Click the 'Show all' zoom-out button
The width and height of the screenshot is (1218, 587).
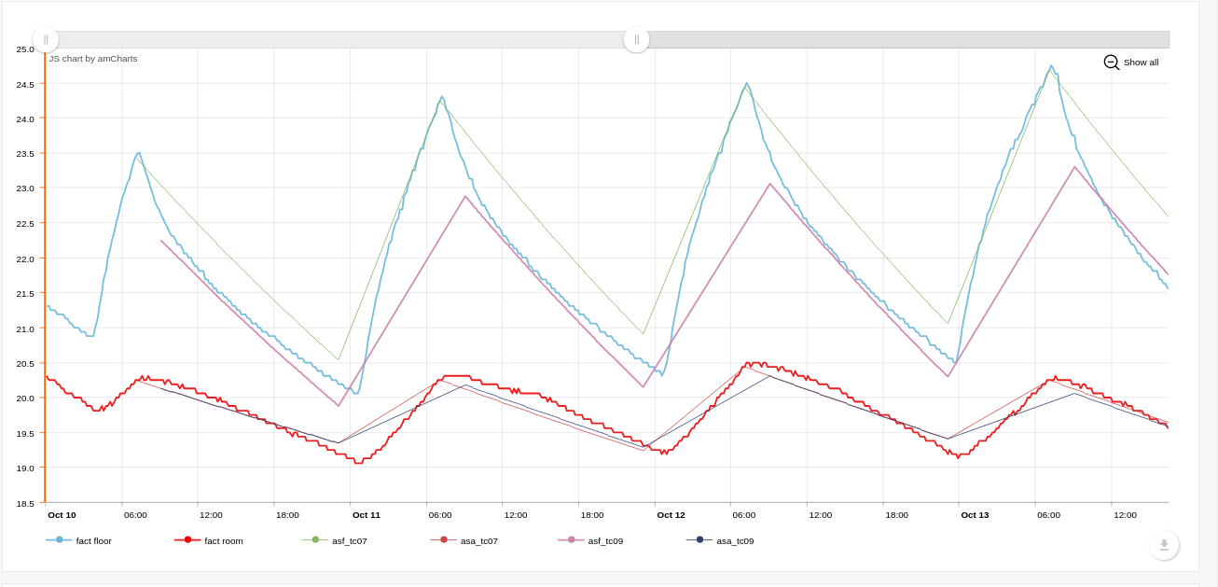pyautogui.click(x=1131, y=63)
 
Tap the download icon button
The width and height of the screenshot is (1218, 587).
pyautogui.click(x=1164, y=545)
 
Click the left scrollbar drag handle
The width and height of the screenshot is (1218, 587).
pyautogui.click(x=46, y=39)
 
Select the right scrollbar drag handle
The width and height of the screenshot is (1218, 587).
pyautogui.click(x=636, y=39)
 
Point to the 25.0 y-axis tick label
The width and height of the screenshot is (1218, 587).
pyautogui.click(x=25, y=49)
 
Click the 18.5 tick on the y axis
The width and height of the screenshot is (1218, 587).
pyautogui.click(x=25, y=503)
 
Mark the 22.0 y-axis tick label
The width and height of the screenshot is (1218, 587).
pyautogui.click(x=25, y=259)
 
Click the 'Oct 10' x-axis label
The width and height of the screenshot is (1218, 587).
pyautogui.click(x=62, y=515)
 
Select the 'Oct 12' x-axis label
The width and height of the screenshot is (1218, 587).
pyautogui.click(x=671, y=515)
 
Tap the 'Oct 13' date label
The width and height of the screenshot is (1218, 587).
pyautogui.click(x=975, y=515)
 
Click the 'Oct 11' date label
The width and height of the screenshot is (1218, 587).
pyautogui.click(x=367, y=515)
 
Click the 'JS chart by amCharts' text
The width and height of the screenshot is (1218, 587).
pyautogui.click(x=93, y=59)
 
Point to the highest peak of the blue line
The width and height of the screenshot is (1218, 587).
pyautogui.click(x=1051, y=66)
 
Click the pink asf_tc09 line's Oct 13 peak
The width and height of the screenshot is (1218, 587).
pyautogui.click(x=1075, y=167)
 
